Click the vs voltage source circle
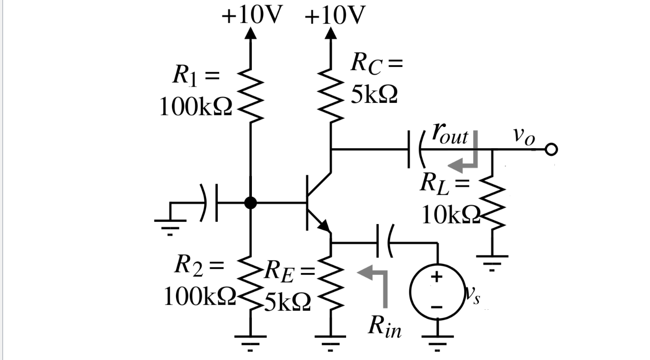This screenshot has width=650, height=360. click(x=436, y=292)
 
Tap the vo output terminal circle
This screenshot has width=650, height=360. click(x=552, y=149)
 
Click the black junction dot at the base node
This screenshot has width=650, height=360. click(x=250, y=203)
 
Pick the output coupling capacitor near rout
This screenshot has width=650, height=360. click(x=415, y=149)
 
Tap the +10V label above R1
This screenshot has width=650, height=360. click(x=251, y=16)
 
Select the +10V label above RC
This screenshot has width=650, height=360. click(x=335, y=16)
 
